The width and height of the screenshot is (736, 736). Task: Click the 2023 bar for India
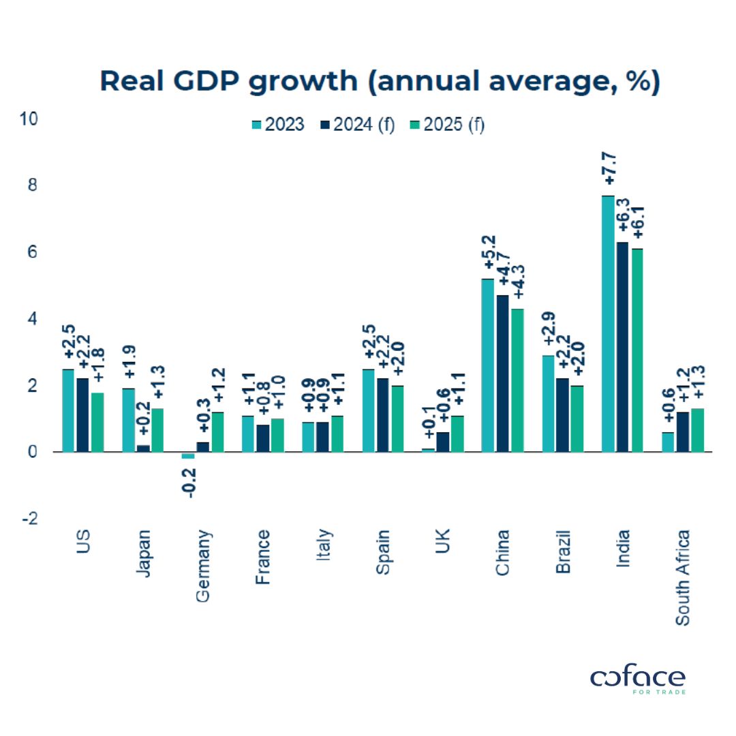[x=608, y=324]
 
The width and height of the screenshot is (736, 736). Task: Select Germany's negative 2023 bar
[x=188, y=455]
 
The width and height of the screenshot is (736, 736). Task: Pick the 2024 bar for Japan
[x=143, y=448]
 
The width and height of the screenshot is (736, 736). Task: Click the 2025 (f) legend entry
[x=446, y=125]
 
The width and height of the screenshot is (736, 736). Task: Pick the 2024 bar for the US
[x=82, y=415]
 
